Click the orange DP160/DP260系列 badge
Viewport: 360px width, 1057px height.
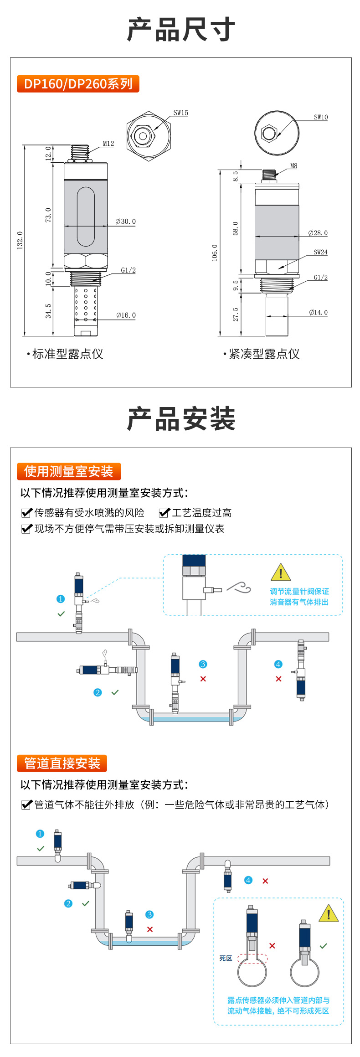pyautogui.click(x=78, y=84)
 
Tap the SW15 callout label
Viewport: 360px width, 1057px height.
pyautogui.click(x=180, y=113)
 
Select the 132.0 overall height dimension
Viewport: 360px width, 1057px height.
pyautogui.click(x=20, y=240)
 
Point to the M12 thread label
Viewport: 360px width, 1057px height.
pyautogui.click(x=108, y=144)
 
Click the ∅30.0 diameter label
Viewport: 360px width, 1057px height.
pyautogui.click(x=126, y=222)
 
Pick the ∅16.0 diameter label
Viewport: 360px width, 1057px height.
pyautogui.click(x=126, y=315)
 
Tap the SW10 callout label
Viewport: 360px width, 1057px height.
pyautogui.click(x=321, y=117)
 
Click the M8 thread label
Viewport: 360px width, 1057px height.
pyautogui.click(x=293, y=166)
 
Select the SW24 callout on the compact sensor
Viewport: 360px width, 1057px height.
pyautogui.click(x=320, y=252)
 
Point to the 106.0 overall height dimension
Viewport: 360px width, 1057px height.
pyautogui.click(x=215, y=253)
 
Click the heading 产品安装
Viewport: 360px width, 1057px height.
pyautogui.click(x=181, y=419)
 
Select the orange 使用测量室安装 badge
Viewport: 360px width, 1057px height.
pyautogui.click(x=69, y=471)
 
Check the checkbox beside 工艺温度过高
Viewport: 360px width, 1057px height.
pyautogui.click(x=164, y=513)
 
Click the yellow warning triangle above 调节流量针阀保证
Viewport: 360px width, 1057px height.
pyautogui.click(x=281, y=572)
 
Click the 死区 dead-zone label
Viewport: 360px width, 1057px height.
pyautogui.click(x=226, y=958)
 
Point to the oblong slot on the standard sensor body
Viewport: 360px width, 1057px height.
pyautogui.click(x=86, y=217)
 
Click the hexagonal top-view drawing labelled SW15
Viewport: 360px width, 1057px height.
pyautogui.click(x=143, y=136)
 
